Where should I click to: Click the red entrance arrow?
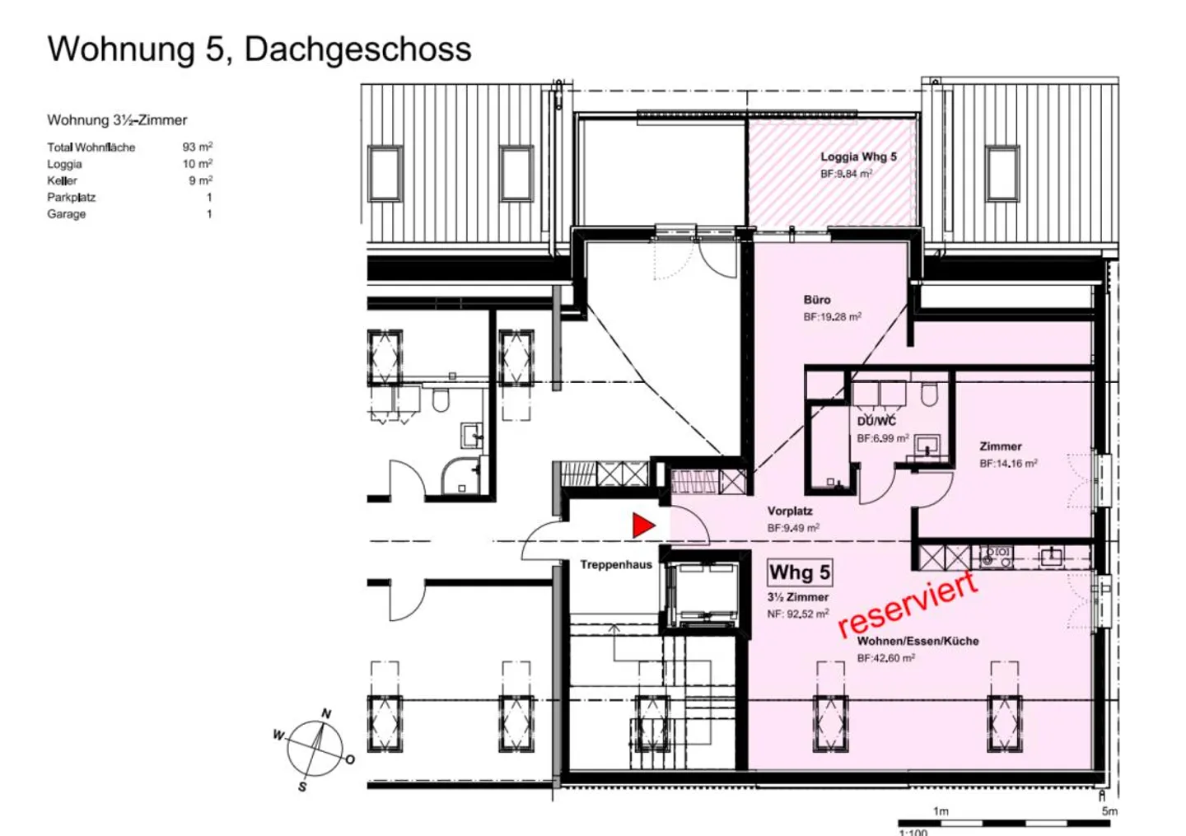pos(642,525)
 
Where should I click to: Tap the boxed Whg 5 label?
pos(800,573)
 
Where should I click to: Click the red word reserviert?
pos(908,605)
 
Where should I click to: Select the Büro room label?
pos(817,300)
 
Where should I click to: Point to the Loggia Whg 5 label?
pos(859,156)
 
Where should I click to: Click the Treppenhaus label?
pos(616,564)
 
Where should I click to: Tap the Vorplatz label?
pos(790,511)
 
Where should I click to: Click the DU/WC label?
pos(877,422)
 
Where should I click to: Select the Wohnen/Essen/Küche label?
pos(918,641)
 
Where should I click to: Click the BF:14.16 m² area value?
pos(1008,463)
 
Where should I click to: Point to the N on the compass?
pos(327,714)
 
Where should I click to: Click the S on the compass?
pos(302,787)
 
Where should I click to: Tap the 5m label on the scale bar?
pos(1109,811)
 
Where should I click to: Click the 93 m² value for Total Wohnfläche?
pos(198,147)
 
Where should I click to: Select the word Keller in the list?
pos(62,180)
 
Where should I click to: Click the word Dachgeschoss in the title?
pos(358,49)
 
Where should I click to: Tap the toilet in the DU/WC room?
pos(929,394)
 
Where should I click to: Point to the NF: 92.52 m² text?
pos(798,614)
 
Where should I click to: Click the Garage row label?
pos(66,214)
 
